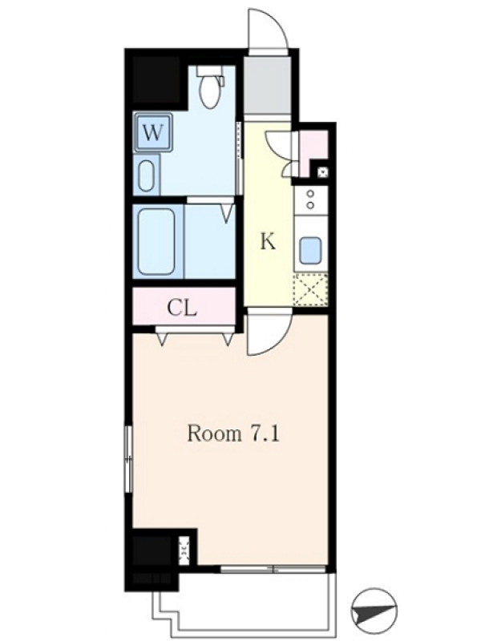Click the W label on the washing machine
pyautogui.click(x=152, y=133)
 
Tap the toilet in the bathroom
pyautogui.click(x=211, y=87)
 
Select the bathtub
pyautogui.click(x=156, y=242)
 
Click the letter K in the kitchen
pyautogui.click(x=268, y=242)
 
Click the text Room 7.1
pyautogui.click(x=233, y=433)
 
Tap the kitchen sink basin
pyautogui.click(x=311, y=251)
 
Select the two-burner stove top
pyautogui.click(x=310, y=199)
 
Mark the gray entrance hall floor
pyautogui.click(x=268, y=85)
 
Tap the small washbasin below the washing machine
pyautogui.click(x=146, y=175)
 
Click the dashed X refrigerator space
pyautogui.click(x=311, y=289)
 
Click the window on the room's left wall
pyautogui.click(x=129, y=458)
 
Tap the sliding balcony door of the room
pyautogui.click(x=273, y=568)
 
